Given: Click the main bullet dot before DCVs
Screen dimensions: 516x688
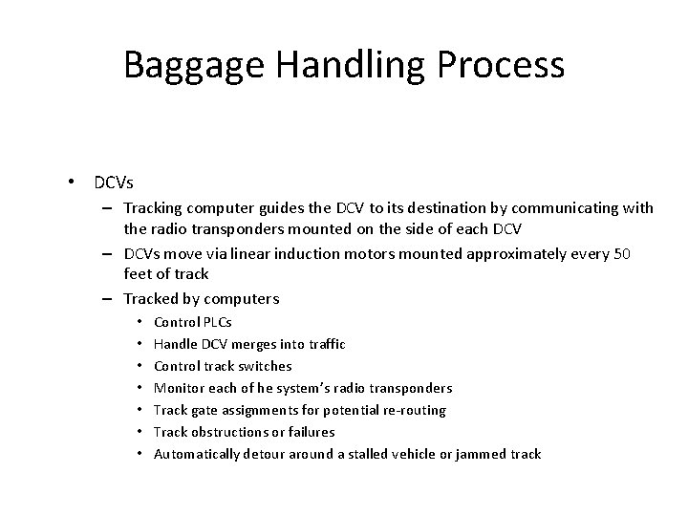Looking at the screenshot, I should click(x=71, y=181).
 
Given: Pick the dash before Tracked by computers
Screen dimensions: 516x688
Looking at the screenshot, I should click(x=112, y=298).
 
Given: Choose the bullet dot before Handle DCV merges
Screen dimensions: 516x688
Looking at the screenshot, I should click(x=140, y=344).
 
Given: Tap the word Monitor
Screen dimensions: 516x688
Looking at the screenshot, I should click(x=179, y=388).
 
